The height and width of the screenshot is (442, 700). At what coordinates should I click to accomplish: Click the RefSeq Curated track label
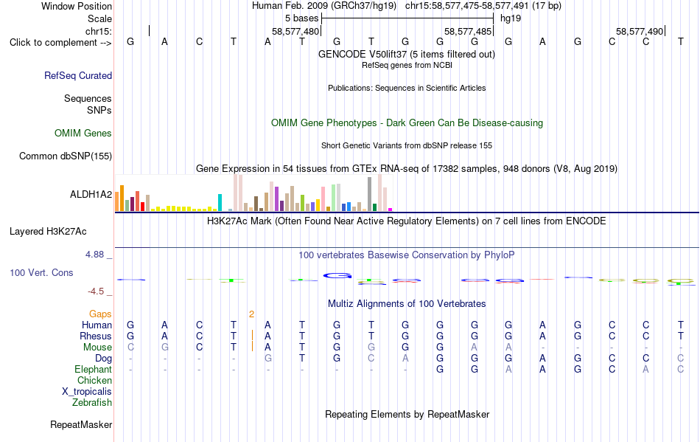click(x=78, y=75)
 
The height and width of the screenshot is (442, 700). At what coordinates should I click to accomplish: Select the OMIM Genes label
click(x=83, y=133)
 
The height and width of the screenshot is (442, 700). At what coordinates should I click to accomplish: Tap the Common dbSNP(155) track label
click(x=66, y=156)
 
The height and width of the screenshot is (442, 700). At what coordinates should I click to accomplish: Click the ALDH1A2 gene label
click(x=91, y=194)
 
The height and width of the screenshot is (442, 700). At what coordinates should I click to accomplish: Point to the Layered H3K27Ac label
click(x=48, y=232)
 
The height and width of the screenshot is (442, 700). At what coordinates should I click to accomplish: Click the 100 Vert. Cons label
click(x=41, y=272)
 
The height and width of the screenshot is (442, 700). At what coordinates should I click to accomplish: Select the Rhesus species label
click(x=96, y=336)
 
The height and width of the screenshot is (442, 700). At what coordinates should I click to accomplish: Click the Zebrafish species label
click(x=92, y=403)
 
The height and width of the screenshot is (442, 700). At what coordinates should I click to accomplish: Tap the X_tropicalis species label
click(x=87, y=392)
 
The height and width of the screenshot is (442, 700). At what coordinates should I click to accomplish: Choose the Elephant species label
click(x=94, y=370)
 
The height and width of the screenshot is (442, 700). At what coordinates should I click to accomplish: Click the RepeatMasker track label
click(x=81, y=424)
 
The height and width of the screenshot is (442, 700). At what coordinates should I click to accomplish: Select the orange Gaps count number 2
click(x=252, y=314)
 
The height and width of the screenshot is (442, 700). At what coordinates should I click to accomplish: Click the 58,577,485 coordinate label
click(x=467, y=31)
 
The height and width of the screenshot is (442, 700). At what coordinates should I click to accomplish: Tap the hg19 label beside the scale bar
click(x=511, y=18)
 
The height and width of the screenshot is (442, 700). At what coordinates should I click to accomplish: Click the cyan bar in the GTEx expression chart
click(x=220, y=202)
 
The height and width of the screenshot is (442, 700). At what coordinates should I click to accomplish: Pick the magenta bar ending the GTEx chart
click(x=391, y=210)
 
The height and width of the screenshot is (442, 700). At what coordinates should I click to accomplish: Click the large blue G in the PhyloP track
click(x=337, y=276)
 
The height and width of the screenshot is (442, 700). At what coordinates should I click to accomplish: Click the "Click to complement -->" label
click(x=60, y=43)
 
